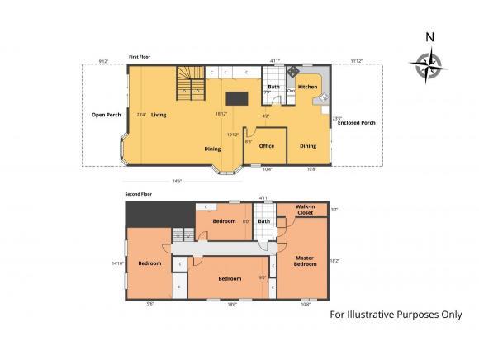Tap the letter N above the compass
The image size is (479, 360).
click(x=429, y=36)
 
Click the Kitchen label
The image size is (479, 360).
click(x=307, y=86)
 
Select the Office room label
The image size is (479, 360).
click(x=266, y=146)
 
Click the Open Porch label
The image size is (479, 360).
click(x=107, y=115)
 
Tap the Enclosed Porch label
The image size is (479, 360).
click(x=357, y=123)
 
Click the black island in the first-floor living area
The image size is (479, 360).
click(x=237, y=97)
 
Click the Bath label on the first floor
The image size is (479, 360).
click(x=273, y=87)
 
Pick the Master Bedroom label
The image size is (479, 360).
click(x=306, y=261)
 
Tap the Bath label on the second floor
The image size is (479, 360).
click(x=264, y=220)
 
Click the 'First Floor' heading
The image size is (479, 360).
click(x=140, y=57)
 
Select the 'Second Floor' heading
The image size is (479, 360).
click(x=139, y=193)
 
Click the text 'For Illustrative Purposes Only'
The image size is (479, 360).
click(x=396, y=315)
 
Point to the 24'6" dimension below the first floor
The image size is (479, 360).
click(x=177, y=181)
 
